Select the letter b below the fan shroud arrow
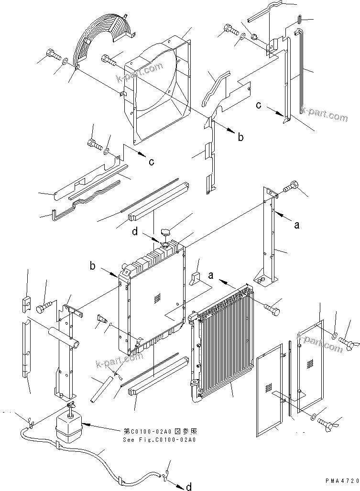coord(240,137)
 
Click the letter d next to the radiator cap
coord(136,232)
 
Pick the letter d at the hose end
coord(189,487)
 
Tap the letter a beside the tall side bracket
coord(296,224)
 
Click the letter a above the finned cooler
coord(211,275)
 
